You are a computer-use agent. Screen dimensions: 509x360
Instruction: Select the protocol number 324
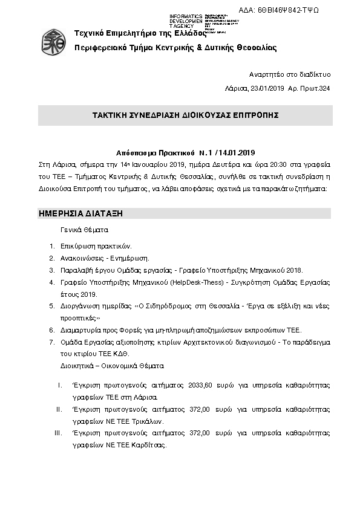[325, 89]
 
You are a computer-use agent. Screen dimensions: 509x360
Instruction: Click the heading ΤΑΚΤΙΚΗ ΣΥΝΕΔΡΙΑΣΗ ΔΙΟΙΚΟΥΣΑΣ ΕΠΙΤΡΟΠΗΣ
[185, 115]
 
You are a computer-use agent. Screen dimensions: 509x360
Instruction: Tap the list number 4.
[52, 282]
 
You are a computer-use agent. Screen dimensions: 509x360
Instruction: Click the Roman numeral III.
[58, 433]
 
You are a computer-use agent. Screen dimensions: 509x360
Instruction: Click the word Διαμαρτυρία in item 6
[79, 330]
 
